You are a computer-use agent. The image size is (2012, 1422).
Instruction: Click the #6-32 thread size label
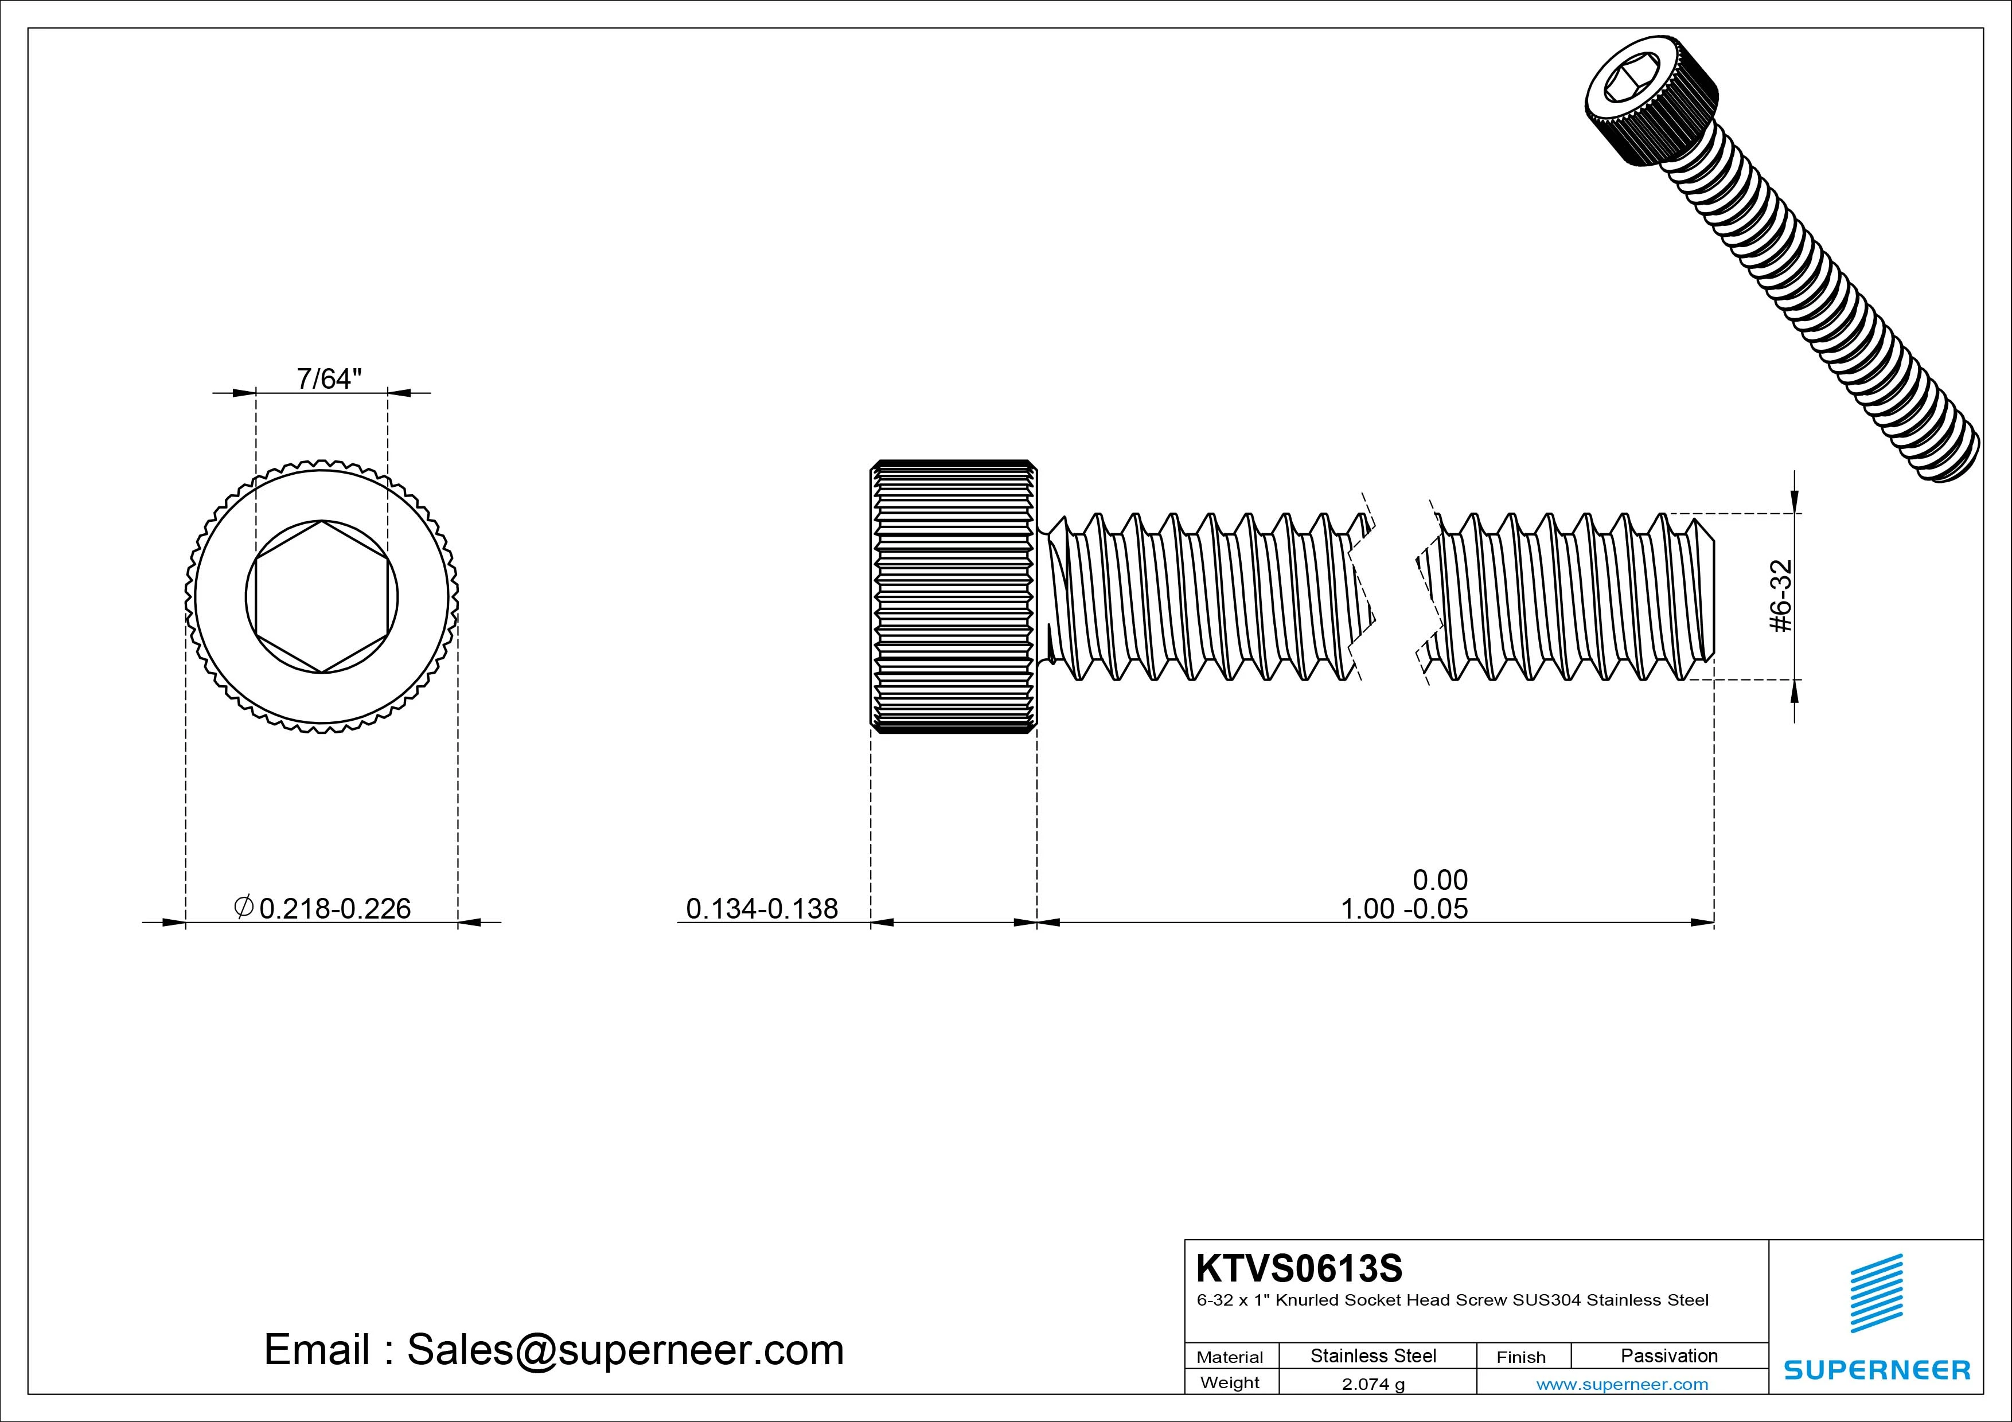(x=1781, y=596)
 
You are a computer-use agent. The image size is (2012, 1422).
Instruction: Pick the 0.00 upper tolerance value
(x=1440, y=879)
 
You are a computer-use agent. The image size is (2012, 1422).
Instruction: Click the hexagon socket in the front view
(x=322, y=597)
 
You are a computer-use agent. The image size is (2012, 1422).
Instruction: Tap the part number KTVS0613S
(x=1299, y=1268)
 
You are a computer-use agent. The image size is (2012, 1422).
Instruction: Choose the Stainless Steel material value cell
(x=1373, y=1355)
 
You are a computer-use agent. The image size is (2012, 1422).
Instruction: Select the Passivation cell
(x=1668, y=1355)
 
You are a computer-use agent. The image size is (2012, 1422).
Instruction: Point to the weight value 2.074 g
(x=1373, y=1384)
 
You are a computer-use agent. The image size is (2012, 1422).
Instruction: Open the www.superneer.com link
(x=1622, y=1384)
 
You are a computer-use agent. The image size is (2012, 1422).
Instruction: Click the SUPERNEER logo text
(x=1876, y=1369)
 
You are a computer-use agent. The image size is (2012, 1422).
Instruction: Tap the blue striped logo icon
(x=1876, y=1293)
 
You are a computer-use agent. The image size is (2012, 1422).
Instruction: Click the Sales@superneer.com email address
(x=625, y=1349)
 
